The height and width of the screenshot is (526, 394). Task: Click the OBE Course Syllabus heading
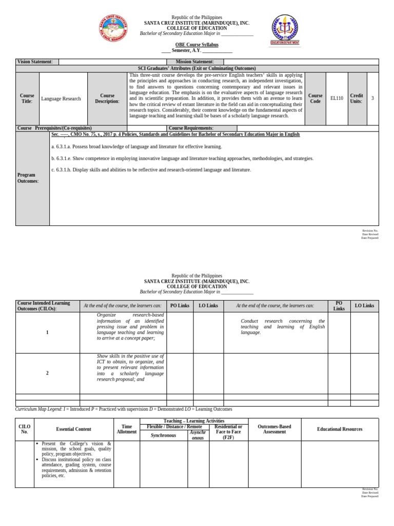tap(197, 45)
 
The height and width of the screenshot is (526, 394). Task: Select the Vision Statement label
tap(35, 62)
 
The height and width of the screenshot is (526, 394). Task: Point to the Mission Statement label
tap(195, 62)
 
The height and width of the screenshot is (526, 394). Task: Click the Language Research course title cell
tap(61, 98)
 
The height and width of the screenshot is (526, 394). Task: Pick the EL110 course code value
tap(337, 98)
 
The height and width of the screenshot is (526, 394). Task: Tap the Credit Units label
tap(356, 98)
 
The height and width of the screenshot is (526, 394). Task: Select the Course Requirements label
tap(191, 128)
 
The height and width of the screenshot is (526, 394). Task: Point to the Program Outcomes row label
tap(28, 178)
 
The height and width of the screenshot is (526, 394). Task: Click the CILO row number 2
tap(47, 373)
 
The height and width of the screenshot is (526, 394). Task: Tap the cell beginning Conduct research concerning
tap(283, 327)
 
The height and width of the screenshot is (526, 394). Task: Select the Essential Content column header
tap(73, 429)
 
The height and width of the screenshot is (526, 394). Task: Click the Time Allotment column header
tap(126, 429)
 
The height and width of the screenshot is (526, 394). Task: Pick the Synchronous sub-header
tap(163, 435)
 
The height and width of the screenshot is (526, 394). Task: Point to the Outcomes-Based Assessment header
tap(274, 429)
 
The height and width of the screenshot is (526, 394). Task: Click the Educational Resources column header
tap(340, 429)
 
